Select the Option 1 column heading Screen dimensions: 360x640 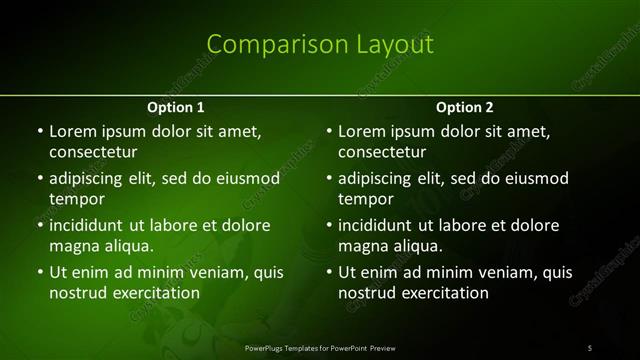pyautogui.click(x=176, y=107)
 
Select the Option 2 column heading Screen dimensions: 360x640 pyautogui.click(x=465, y=107)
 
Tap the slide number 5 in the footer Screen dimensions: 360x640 pyautogui.click(x=590, y=348)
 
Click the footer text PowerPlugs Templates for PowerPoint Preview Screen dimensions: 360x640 pyautogui.click(x=320, y=348)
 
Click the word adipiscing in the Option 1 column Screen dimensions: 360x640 pyautogui.click(x=90, y=178)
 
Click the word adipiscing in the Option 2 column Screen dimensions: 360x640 pyautogui.click(x=379, y=178)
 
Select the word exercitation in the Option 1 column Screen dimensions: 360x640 pyautogui.click(x=156, y=293)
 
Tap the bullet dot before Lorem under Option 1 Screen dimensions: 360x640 pyautogui.click(x=39, y=131)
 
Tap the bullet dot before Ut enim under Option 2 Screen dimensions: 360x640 pyautogui.click(x=328, y=272)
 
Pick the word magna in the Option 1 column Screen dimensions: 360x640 pyautogui.click(x=71, y=246)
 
